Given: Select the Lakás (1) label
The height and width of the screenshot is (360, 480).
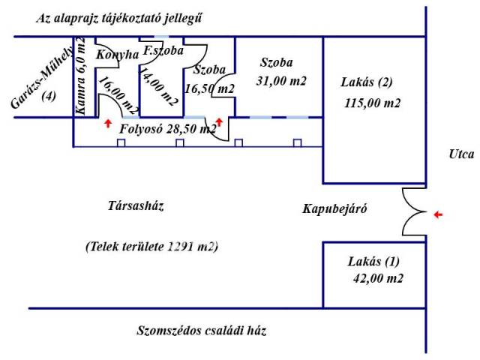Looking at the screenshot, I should (374, 262).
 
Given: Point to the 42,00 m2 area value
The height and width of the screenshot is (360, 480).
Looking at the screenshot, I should (378, 279).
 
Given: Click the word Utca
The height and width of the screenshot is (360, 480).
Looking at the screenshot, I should (458, 155).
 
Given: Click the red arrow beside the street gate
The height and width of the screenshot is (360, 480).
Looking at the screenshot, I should (438, 214).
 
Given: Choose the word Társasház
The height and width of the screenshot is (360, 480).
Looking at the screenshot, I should (136, 205).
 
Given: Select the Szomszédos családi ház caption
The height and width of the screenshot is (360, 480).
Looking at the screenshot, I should (202, 330).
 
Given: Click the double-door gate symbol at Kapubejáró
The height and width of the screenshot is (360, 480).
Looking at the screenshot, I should (413, 212).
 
